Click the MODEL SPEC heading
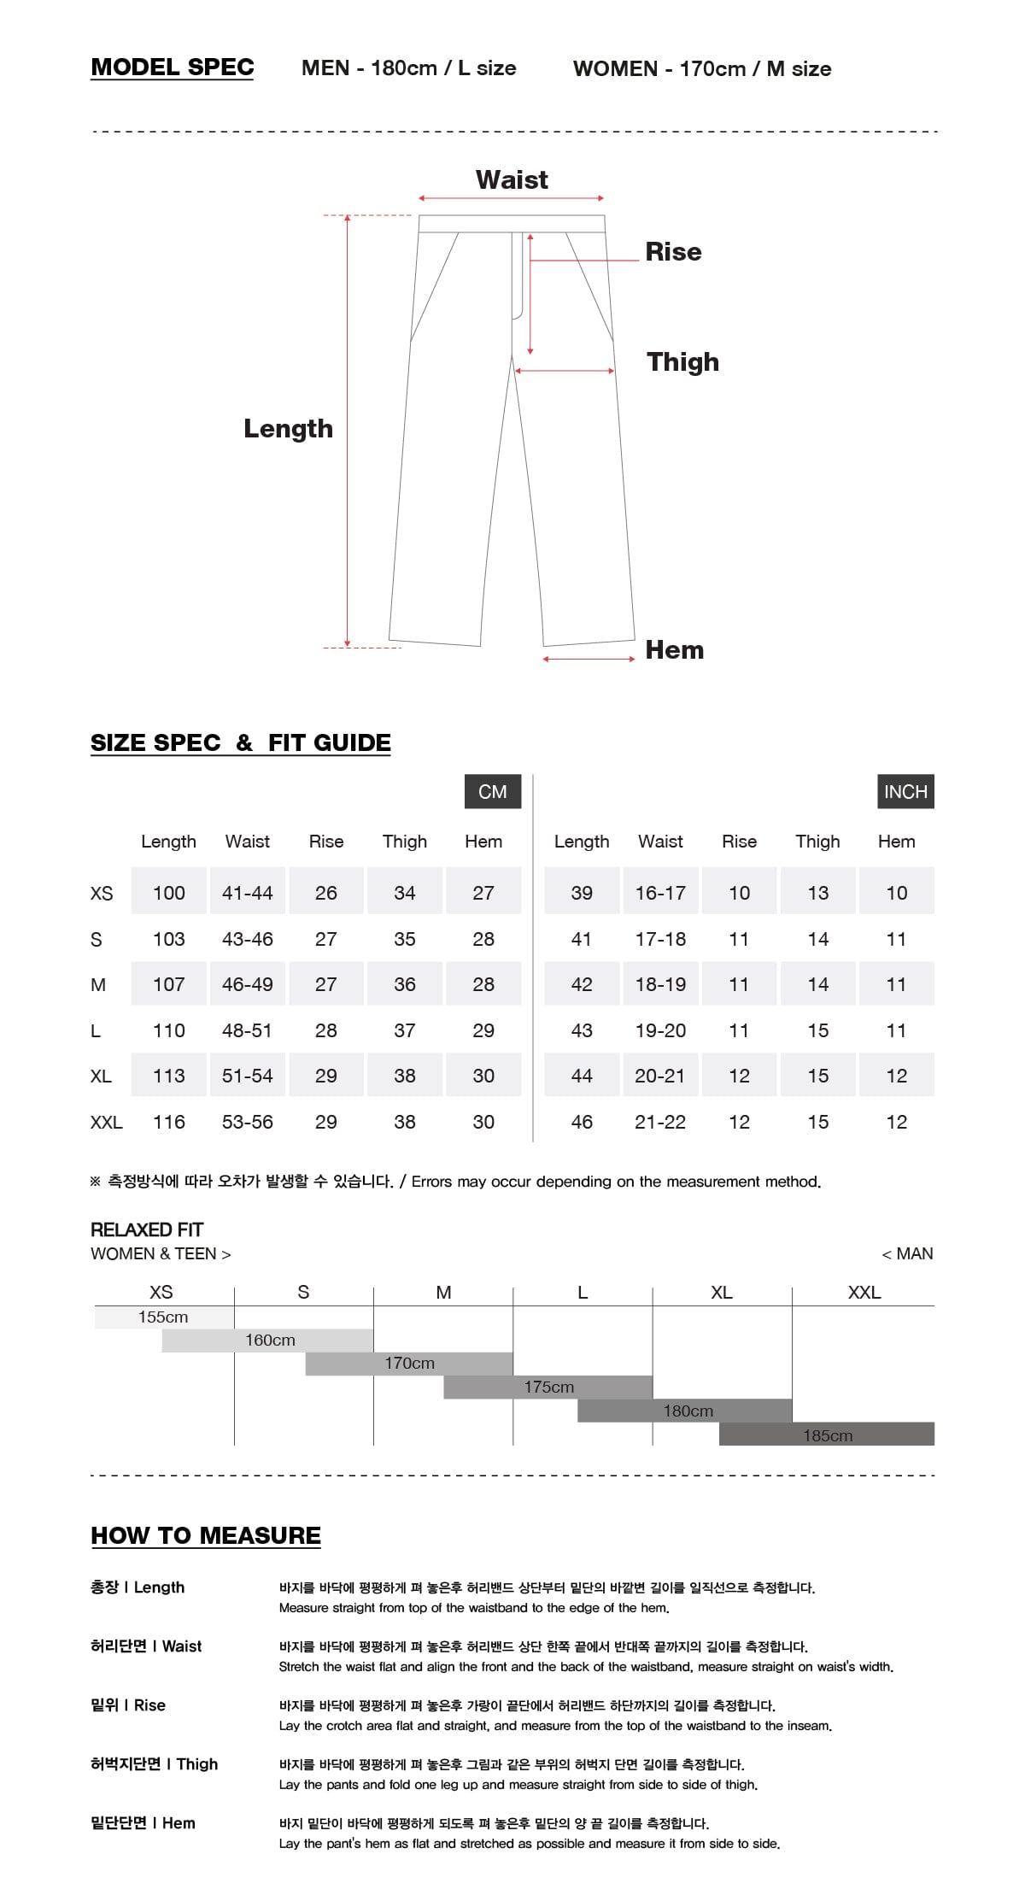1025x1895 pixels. pyautogui.click(x=172, y=67)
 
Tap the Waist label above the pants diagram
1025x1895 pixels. pyautogui.click(x=512, y=179)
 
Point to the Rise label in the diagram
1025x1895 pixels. pyautogui.click(x=673, y=252)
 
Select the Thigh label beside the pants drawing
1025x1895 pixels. pyautogui.click(x=682, y=361)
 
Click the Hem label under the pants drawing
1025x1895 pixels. pyautogui.click(x=674, y=649)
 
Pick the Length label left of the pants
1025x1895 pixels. pyautogui.click(x=288, y=428)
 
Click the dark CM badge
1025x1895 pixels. pyautogui.click(x=492, y=791)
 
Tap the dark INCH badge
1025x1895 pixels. pyautogui.click(x=905, y=791)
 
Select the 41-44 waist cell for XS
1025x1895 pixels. pyautogui.click(x=247, y=893)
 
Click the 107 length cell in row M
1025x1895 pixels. pyautogui.click(x=168, y=984)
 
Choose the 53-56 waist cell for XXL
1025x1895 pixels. pyautogui.click(x=247, y=1122)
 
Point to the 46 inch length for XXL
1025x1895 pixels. pyautogui.click(x=582, y=1122)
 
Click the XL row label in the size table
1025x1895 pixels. pyautogui.click(x=101, y=1076)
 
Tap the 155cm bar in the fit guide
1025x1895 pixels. pyautogui.click(x=164, y=1317)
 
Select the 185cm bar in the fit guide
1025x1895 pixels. pyautogui.click(x=827, y=1435)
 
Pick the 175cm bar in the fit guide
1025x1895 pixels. pyautogui.click(x=548, y=1387)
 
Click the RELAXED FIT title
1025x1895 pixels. pyautogui.click(x=147, y=1229)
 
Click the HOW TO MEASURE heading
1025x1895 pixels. pyautogui.click(x=206, y=1535)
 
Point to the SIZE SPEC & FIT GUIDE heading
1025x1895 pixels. pyautogui.click(x=240, y=742)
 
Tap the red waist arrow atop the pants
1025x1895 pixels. pyautogui.click(x=512, y=198)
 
